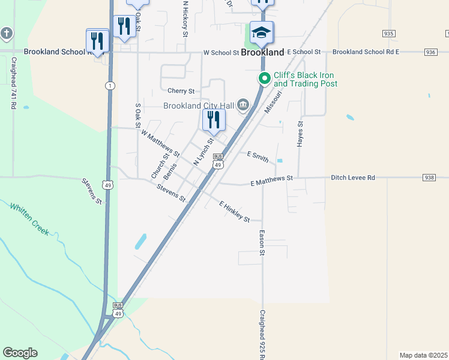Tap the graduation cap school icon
click(262, 32)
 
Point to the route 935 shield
click(388, 34)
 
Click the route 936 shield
click(429, 52)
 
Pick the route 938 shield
click(429, 178)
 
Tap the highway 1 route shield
click(109, 86)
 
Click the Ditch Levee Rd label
click(352, 178)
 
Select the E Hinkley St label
click(235, 212)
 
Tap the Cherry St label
click(182, 91)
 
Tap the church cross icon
click(7, 33)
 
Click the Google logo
click(20, 353)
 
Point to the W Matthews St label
click(160, 143)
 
